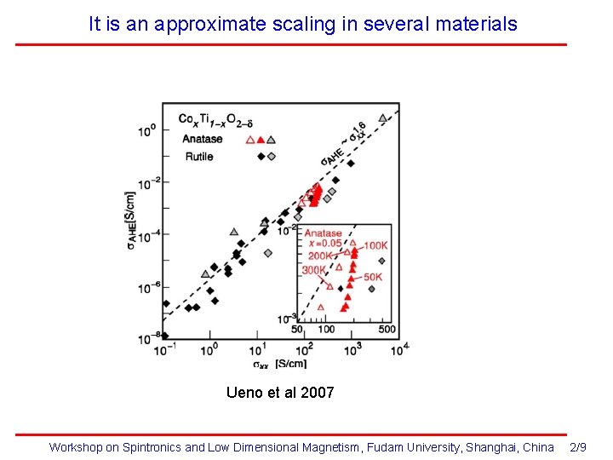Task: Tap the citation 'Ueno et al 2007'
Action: click(280, 393)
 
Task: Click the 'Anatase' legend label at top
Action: click(202, 139)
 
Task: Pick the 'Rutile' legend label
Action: click(198, 156)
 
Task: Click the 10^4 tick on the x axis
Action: click(399, 348)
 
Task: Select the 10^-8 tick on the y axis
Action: click(146, 339)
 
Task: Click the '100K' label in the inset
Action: click(375, 245)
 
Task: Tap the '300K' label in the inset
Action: click(313, 270)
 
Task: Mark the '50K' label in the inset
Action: click(373, 277)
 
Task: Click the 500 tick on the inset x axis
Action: click(386, 329)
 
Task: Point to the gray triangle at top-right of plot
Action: click(383, 118)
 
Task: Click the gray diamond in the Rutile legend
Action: click(272, 156)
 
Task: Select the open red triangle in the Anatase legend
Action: click(250, 140)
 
